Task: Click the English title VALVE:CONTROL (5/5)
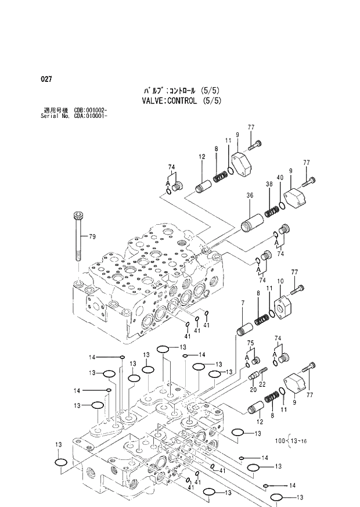click(x=173, y=100)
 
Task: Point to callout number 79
click(x=92, y=236)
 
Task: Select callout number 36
click(x=250, y=196)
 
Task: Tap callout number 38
click(x=269, y=184)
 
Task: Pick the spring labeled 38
click(x=271, y=212)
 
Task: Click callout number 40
click(x=280, y=178)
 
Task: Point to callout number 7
click(x=242, y=303)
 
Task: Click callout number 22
click(x=262, y=384)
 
